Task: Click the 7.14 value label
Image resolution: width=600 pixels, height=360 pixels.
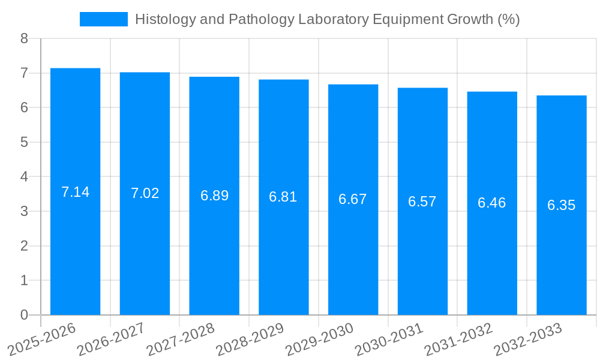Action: point(75,192)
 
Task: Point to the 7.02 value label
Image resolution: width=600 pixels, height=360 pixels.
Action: point(145,193)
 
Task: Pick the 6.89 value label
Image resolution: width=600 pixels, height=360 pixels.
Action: point(214,196)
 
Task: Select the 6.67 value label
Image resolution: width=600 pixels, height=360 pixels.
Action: point(353,199)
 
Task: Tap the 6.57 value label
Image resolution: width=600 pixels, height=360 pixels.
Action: point(422,202)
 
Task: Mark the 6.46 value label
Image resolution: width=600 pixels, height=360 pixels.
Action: point(492,203)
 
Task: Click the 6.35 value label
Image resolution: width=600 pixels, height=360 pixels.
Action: point(561,205)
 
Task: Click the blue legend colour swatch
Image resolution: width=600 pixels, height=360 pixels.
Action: point(103,19)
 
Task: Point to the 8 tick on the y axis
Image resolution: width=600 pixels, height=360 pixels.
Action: point(24,39)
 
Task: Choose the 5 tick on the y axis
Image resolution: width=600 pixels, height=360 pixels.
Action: point(24,143)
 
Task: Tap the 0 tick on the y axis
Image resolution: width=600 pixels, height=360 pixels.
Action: point(24,315)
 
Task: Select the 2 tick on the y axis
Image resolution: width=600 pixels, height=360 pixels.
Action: point(24,246)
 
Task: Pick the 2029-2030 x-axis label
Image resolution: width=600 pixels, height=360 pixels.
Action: point(320,339)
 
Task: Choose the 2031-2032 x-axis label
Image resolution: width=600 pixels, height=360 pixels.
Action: point(458,339)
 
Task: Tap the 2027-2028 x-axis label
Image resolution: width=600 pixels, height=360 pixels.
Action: point(181,339)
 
